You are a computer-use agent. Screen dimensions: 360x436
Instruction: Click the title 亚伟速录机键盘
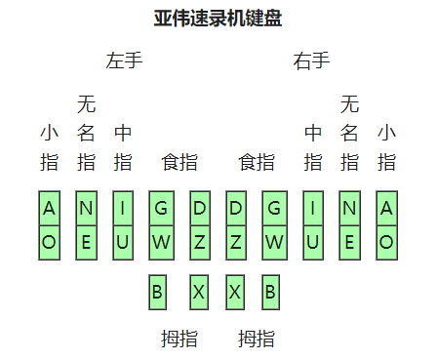[x=218, y=19]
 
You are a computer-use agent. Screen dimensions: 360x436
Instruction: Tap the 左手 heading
[x=124, y=61]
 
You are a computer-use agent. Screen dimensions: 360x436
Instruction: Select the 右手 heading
[x=311, y=61]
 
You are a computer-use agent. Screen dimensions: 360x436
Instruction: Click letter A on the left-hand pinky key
[x=50, y=208]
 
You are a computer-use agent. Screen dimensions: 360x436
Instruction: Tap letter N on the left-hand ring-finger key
[x=86, y=208]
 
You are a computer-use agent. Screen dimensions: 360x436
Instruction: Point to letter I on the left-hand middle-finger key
[x=123, y=208]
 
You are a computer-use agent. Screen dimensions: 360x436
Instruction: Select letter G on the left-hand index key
[x=161, y=208]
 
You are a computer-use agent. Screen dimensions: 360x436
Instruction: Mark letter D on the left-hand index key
[x=200, y=208]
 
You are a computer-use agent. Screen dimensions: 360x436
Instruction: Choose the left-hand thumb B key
[x=156, y=291]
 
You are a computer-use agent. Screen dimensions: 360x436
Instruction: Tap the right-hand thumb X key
[x=234, y=291]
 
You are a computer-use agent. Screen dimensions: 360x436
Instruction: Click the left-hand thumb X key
[x=199, y=291]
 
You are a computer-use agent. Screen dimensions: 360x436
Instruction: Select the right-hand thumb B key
[x=270, y=291]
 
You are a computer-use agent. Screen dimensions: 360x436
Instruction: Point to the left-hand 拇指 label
[x=179, y=339]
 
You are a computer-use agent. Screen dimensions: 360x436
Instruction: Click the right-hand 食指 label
[x=257, y=162]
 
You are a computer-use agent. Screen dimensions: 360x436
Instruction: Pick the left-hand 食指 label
[x=179, y=162]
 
